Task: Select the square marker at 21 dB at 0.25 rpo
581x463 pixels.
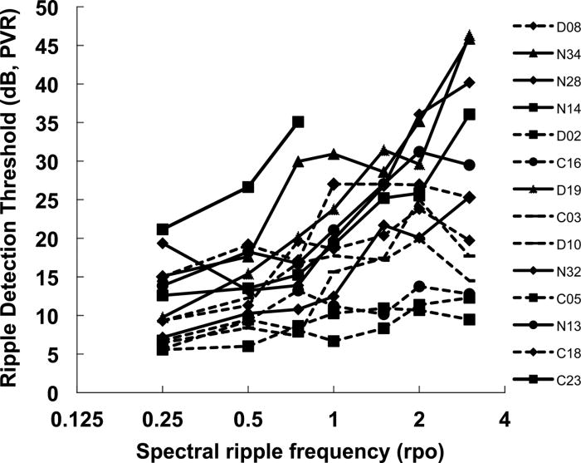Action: coord(163,229)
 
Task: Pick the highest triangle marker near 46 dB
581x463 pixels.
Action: coord(470,37)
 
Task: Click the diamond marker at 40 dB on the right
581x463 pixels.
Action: coord(470,82)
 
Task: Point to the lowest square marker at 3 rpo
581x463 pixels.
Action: coord(470,319)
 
